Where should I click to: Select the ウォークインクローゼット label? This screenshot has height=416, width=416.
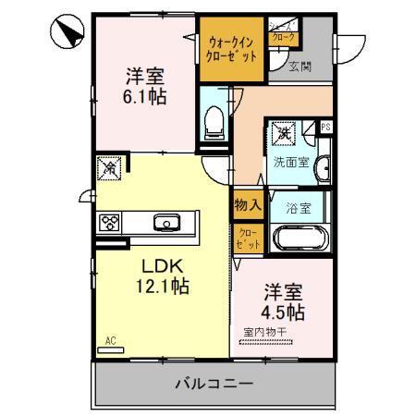(232, 48)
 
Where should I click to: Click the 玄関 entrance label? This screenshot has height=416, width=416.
(299, 66)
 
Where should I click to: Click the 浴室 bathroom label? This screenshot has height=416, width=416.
(298, 206)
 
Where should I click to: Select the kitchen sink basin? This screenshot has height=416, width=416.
(167, 222)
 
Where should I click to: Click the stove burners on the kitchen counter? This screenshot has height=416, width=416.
(110, 222)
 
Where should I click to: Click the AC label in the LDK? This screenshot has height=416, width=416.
(112, 339)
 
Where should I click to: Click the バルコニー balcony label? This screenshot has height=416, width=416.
(212, 383)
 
